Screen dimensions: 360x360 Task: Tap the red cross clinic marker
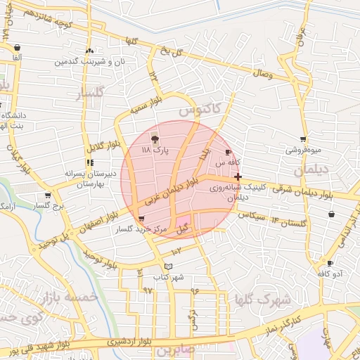pos(238,176)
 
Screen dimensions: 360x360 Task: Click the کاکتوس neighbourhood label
pos(199,110)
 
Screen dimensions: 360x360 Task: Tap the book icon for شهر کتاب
pos(167,266)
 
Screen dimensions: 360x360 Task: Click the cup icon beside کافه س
pos(227,152)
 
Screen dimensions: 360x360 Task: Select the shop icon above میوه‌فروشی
pos(303,139)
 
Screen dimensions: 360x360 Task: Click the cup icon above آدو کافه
pos(330,263)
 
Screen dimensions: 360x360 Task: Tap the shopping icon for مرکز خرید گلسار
pos(143,219)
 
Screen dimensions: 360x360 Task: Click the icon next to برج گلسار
pos(47,196)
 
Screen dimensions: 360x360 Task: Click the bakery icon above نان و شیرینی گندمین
pos(89,51)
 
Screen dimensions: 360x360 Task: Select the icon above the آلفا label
pos(16,48)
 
